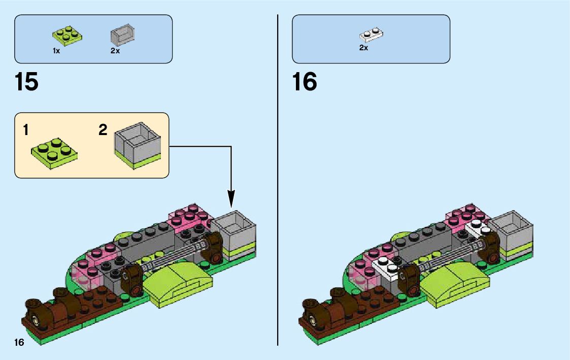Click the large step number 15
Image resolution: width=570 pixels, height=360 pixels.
[x=26, y=82]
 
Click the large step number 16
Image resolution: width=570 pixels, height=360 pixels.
[x=305, y=82]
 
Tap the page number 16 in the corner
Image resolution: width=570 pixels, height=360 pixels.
[x=19, y=343]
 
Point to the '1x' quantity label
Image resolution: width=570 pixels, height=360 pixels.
[x=56, y=51]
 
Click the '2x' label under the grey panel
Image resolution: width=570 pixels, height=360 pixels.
[x=115, y=51]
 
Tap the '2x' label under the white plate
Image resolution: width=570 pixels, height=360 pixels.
[x=363, y=48]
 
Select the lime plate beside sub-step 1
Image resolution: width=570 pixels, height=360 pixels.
[x=55, y=151]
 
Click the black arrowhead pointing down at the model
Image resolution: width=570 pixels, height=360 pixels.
[x=231, y=199]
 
